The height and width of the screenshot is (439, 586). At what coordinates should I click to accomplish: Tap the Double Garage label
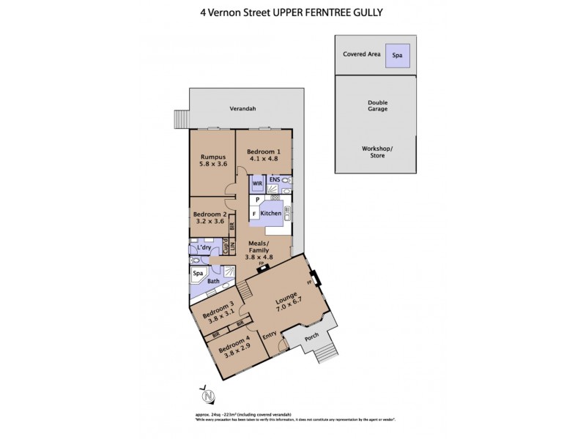click(x=378, y=105)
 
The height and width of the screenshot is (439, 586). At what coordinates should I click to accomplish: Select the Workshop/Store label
click(x=378, y=151)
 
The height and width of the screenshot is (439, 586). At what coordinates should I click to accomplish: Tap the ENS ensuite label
click(x=274, y=179)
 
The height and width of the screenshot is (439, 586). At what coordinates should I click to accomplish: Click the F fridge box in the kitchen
click(x=254, y=214)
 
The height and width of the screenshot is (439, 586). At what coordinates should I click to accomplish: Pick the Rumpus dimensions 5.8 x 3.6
click(x=213, y=164)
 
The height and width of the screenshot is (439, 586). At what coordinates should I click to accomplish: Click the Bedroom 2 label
click(x=207, y=214)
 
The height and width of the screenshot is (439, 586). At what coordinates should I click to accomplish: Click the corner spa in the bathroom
click(x=198, y=276)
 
